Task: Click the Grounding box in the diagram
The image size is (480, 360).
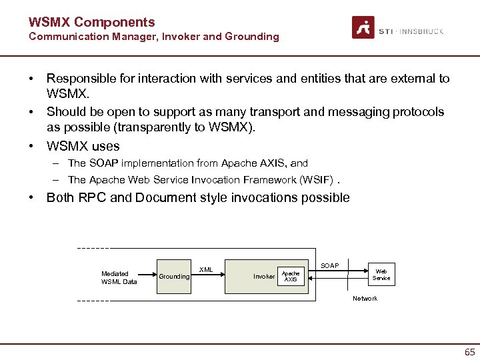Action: tap(174, 277)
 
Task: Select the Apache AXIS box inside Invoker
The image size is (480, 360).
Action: tap(291, 276)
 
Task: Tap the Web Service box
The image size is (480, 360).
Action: tap(381, 275)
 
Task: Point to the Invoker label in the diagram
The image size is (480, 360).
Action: tap(264, 277)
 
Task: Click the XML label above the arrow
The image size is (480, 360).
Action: tap(207, 270)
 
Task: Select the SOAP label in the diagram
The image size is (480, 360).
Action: tap(329, 266)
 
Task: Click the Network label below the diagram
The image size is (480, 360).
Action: tap(365, 299)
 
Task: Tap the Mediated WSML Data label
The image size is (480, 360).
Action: tap(119, 277)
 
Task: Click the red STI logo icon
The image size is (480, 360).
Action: tap(363, 28)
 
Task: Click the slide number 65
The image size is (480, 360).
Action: tap(469, 352)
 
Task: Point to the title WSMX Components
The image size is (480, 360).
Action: tap(91, 22)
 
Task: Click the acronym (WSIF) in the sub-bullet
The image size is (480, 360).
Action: tap(314, 180)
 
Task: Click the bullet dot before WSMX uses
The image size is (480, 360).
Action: tap(31, 146)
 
